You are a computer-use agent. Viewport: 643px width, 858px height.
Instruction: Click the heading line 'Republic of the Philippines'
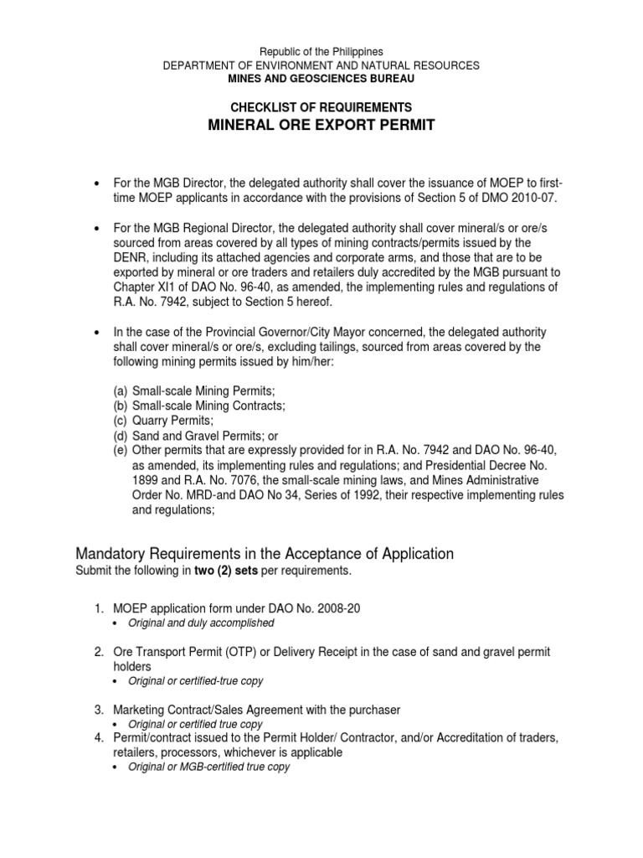click(x=321, y=52)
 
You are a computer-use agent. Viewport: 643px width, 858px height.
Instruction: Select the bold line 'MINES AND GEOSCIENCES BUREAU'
click(x=321, y=78)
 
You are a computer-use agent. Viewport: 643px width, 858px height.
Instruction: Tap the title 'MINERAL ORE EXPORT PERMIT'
click(x=321, y=127)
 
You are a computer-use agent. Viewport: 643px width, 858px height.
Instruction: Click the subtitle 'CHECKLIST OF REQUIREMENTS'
click(x=321, y=108)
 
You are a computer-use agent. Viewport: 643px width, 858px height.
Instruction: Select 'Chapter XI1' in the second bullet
click(x=142, y=288)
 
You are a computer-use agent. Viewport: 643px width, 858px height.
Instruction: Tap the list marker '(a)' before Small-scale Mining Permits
click(x=121, y=391)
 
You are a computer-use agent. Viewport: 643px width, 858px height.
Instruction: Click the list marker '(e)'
click(x=121, y=451)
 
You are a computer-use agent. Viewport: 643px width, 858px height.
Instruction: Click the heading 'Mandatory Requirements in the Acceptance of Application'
click(x=265, y=554)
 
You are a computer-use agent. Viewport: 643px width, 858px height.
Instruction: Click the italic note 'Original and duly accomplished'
click(x=200, y=623)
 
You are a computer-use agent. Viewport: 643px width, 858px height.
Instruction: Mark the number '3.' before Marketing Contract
click(x=99, y=710)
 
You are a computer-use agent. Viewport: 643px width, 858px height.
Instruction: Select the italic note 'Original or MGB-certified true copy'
click(x=209, y=767)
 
